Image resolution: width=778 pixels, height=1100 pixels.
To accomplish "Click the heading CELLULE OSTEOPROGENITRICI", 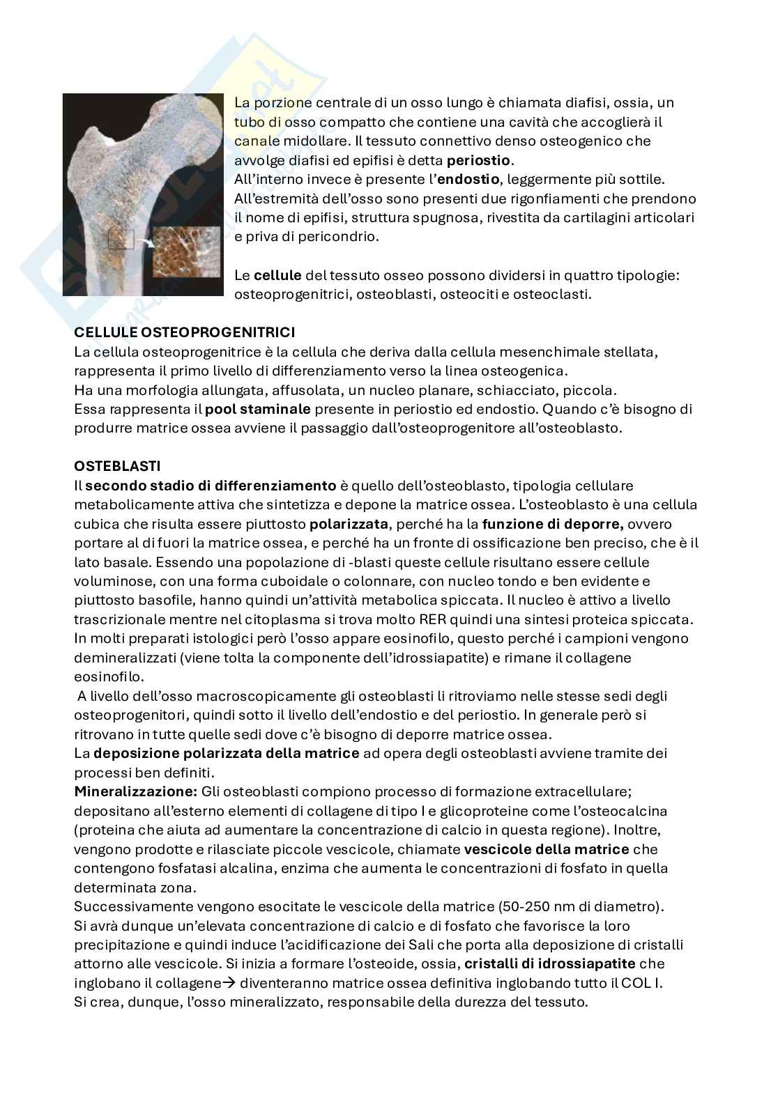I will coord(185,332).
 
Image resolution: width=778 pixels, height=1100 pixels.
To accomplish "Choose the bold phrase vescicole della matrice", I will coord(547,849).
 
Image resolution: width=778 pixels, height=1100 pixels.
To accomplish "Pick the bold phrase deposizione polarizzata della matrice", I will coord(227,753).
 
